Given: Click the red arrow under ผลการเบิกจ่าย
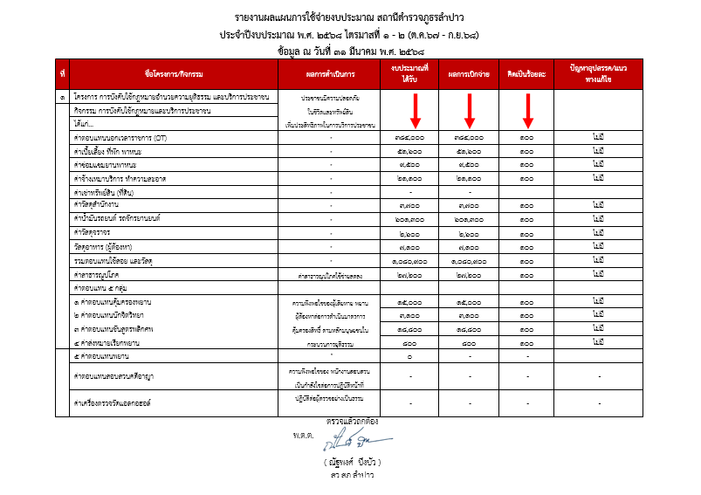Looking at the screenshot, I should (469, 110).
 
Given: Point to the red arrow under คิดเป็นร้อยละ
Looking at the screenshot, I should (526, 110).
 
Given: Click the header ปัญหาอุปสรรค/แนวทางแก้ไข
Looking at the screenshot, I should (597, 73).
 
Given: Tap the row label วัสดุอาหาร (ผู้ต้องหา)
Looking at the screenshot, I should (110, 247).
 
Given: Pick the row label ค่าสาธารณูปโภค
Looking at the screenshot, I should (97, 274).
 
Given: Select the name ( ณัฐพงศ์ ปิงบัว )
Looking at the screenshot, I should (352, 460).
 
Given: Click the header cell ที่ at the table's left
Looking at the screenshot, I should (63, 73).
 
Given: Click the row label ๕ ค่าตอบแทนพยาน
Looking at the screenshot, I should (103, 356).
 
